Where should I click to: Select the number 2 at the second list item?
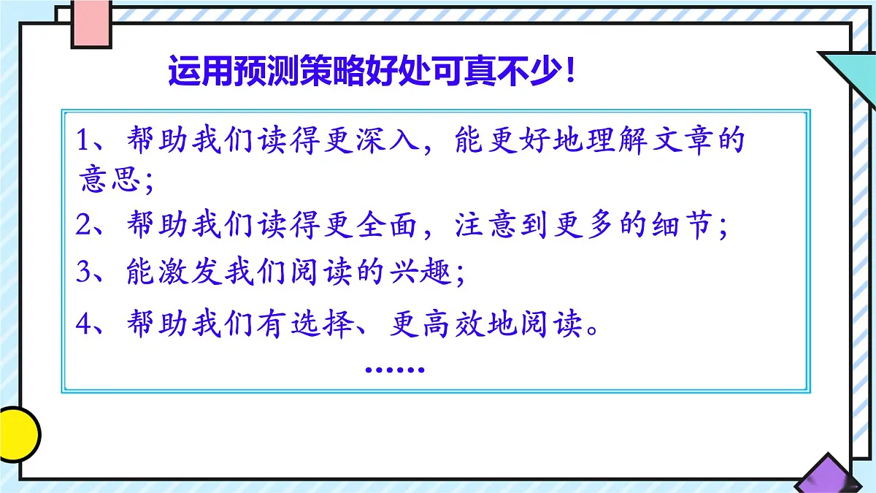click(x=83, y=226)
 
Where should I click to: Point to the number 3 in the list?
click(x=83, y=273)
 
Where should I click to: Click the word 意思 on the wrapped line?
click(x=109, y=180)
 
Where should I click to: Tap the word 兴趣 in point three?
click(x=423, y=273)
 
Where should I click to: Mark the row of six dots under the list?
click(x=394, y=370)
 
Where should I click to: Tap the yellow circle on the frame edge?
click(x=16, y=434)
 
